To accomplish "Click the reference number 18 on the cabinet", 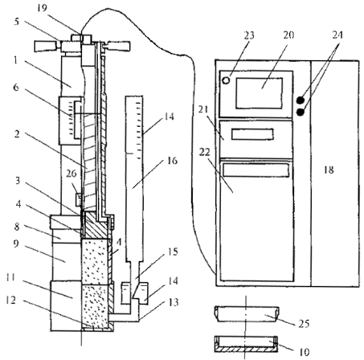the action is [329, 170].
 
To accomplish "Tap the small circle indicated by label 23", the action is [227, 80].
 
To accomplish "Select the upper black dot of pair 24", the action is [301, 100].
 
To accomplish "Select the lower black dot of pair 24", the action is [301, 112].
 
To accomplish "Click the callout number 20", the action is [288, 35].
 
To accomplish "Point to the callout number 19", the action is [42, 8].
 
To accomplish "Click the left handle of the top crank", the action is [46, 47].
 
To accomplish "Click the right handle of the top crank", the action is [119, 46].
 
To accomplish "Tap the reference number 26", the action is [72, 174].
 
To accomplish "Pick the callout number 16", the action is [172, 161].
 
